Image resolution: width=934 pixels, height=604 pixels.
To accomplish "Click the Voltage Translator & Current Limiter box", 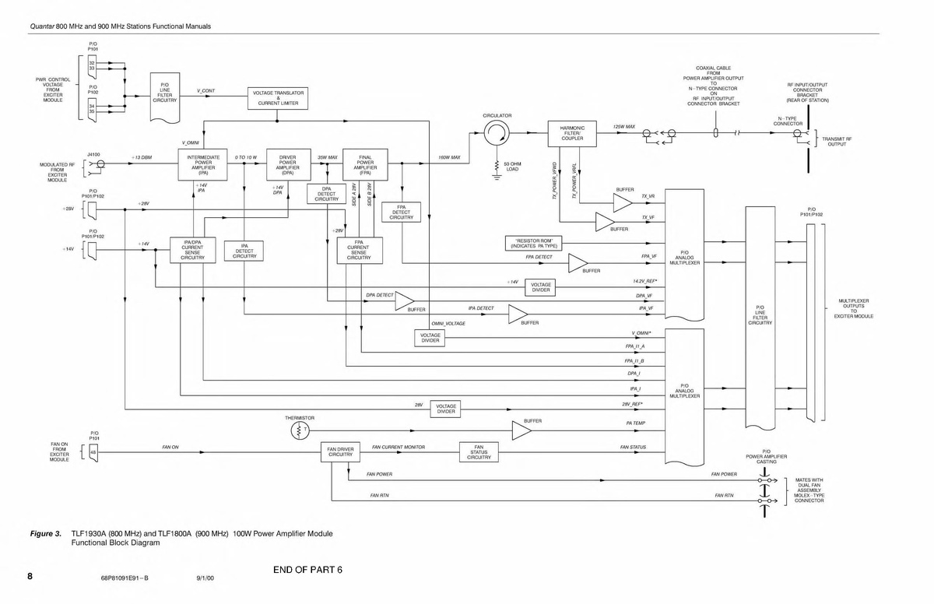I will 278,97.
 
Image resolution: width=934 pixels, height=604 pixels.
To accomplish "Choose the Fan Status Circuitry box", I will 479,452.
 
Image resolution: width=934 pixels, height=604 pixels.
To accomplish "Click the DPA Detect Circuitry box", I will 326,195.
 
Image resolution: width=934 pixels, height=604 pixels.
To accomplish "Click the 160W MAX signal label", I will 449,157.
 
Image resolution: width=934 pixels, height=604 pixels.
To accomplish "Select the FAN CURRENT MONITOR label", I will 398,448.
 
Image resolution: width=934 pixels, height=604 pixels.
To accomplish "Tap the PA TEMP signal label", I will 635,423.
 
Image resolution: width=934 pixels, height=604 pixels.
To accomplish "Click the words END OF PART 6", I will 308,569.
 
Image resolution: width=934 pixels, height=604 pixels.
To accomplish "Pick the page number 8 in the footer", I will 30,577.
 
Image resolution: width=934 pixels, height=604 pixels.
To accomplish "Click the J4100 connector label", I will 94,154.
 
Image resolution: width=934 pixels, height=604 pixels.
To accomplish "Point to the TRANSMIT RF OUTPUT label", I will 837,142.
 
